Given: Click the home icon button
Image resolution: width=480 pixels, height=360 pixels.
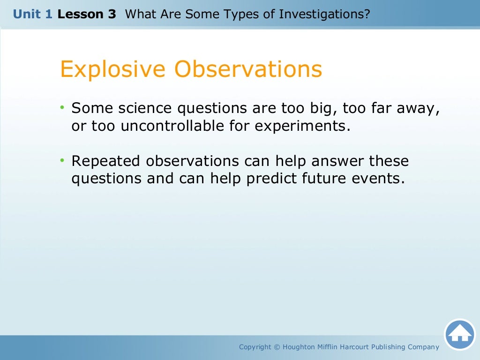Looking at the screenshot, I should pyautogui.click(x=459, y=335).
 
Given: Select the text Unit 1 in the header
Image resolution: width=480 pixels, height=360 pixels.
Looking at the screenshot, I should pyautogui.click(x=33, y=14).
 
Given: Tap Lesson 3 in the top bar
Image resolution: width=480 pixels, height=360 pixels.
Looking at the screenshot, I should pyautogui.click(x=87, y=14).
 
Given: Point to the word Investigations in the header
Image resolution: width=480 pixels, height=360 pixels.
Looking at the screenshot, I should pyautogui.click(x=324, y=14).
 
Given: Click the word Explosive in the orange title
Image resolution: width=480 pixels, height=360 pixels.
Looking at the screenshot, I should pyautogui.click(x=113, y=69).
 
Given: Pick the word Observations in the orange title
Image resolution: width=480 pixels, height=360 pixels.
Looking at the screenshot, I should pyautogui.click(x=248, y=69).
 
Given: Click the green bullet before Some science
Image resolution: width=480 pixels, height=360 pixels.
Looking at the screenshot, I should pyautogui.click(x=62, y=108).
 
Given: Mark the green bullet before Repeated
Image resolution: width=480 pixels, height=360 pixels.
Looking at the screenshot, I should pyautogui.click(x=62, y=161).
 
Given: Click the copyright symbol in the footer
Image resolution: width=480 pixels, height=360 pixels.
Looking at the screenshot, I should pyautogui.click(x=277, y=347).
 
